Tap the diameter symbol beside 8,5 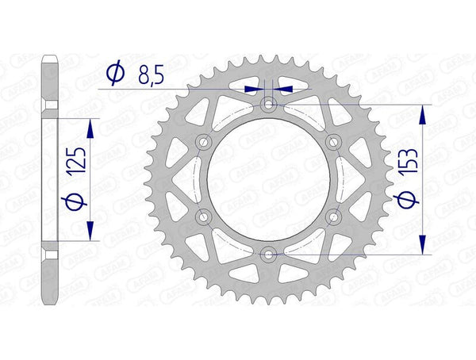(x=115, y=74)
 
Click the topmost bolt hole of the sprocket (x=269, y=104)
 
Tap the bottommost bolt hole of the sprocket (x=269, y=254)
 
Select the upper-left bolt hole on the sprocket (x=204, y=141)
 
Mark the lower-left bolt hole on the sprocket (x=204, y=216)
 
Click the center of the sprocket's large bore (x=269, y=179)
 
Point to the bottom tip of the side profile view (x=50, y=304)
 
